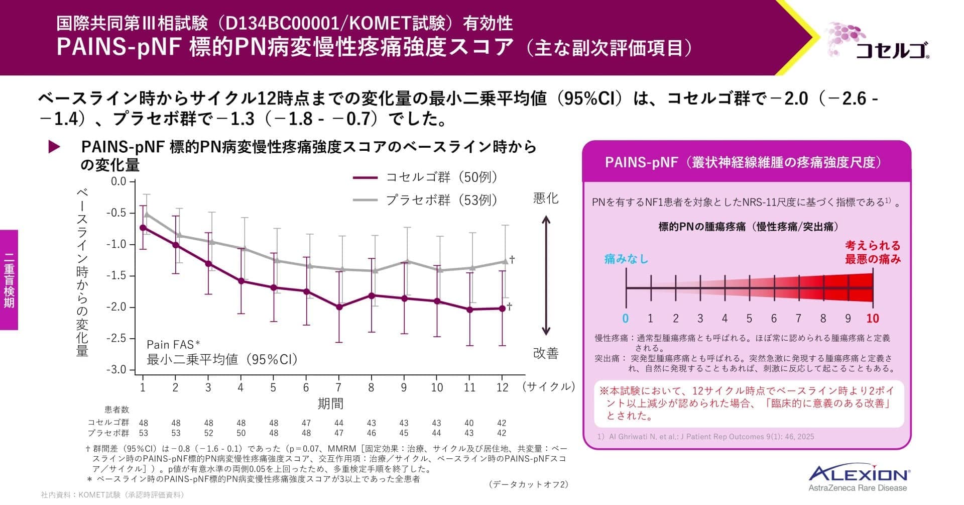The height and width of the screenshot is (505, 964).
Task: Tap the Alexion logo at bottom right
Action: (x=860, y=477)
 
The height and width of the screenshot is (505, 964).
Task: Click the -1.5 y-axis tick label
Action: (x=116, y=276)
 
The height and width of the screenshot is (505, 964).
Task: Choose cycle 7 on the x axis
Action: (x=339, y=387)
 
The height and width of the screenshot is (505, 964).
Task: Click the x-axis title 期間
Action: (x=330, y=403)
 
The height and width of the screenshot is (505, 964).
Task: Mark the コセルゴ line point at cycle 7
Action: (x=339, y=307)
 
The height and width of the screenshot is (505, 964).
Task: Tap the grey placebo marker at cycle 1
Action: (x=147, y=215)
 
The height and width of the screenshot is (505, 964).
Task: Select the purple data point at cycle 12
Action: (x=502, y=309)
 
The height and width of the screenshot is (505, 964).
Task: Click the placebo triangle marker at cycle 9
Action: (x=408, y=261)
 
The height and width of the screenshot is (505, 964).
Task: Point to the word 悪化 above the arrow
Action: (x=546, y=198)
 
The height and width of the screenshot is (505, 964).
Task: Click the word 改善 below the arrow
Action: (x=546, y=354)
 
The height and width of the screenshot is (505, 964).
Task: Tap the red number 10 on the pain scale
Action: (x=873, y=319)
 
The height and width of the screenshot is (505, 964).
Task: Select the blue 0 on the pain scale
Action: (x=626, y=319)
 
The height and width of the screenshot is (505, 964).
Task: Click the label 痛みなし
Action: (x=626, y=259)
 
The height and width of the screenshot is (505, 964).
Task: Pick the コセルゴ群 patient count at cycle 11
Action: (x=469, y=423)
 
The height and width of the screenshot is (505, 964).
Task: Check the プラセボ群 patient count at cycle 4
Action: (x=241, y=433)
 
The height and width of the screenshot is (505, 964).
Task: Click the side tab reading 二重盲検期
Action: (x=9, y=280)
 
